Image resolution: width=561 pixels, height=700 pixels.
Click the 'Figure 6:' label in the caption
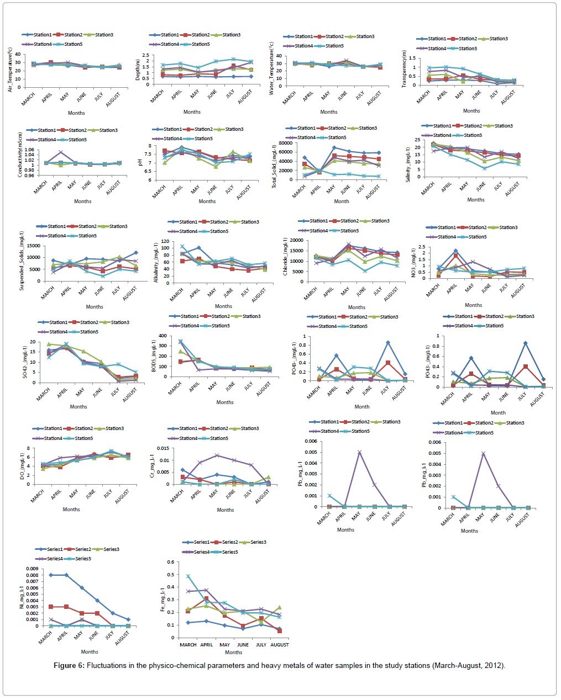(x=69, y=665)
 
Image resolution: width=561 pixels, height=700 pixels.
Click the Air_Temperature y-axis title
(x=10, y=70)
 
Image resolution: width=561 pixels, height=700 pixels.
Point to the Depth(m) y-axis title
(x=138, y=70)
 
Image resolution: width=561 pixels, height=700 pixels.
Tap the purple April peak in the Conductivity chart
(x=61, y=152)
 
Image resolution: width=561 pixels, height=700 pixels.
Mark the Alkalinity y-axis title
(x=156, y=263)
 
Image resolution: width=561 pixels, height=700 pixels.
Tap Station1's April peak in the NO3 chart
(x=456, y=251)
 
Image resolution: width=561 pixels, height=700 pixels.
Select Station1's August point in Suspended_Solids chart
(x=135, y=253)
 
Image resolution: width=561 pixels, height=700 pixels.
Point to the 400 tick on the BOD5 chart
(x=162, y=336)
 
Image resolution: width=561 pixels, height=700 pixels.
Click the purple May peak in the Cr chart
(x=217, y=455)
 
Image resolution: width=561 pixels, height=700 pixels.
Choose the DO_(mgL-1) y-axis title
(x=23, y=466)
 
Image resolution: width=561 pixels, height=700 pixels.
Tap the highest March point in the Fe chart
(x=188, y=576)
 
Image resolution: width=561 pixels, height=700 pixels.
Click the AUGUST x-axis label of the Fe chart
(x=280, y=645)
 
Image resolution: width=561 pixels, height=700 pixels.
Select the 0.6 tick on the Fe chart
(x=170, y=562)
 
